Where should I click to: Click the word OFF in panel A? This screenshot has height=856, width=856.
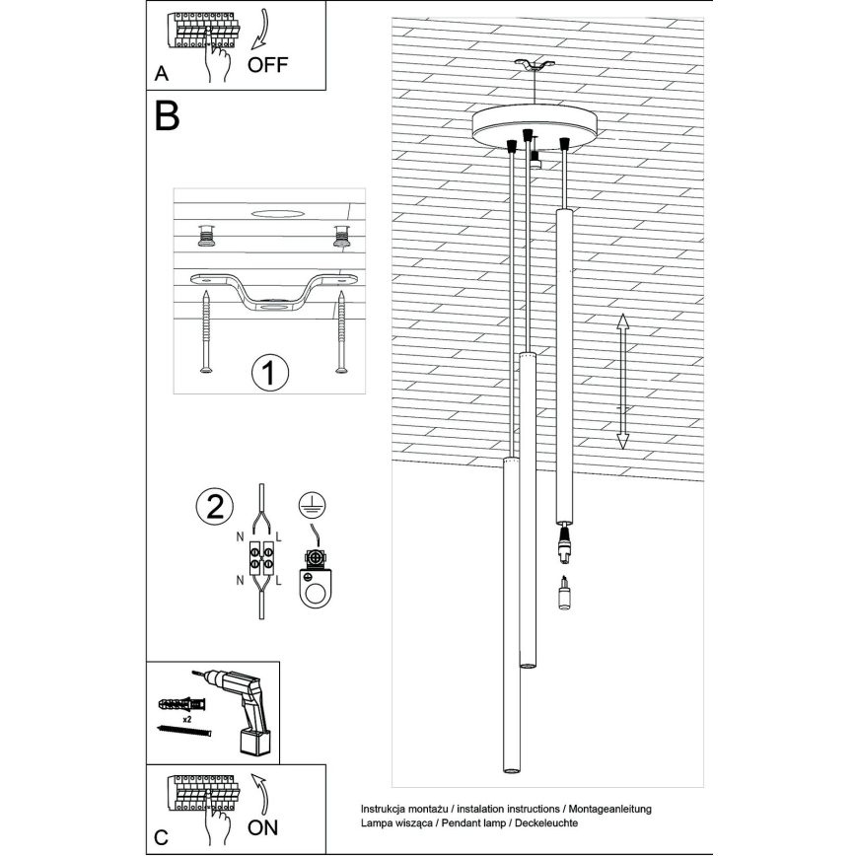pos(268,66)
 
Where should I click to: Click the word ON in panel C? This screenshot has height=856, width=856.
pos(263,826)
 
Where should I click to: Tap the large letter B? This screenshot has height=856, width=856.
pos(167,117)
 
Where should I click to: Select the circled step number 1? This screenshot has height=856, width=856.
pos(268,373)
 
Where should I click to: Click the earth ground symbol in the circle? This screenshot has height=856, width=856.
pos(310,506)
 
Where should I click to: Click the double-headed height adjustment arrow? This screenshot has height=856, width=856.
pos(622,382)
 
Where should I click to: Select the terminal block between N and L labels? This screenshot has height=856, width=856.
pos(261,559)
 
